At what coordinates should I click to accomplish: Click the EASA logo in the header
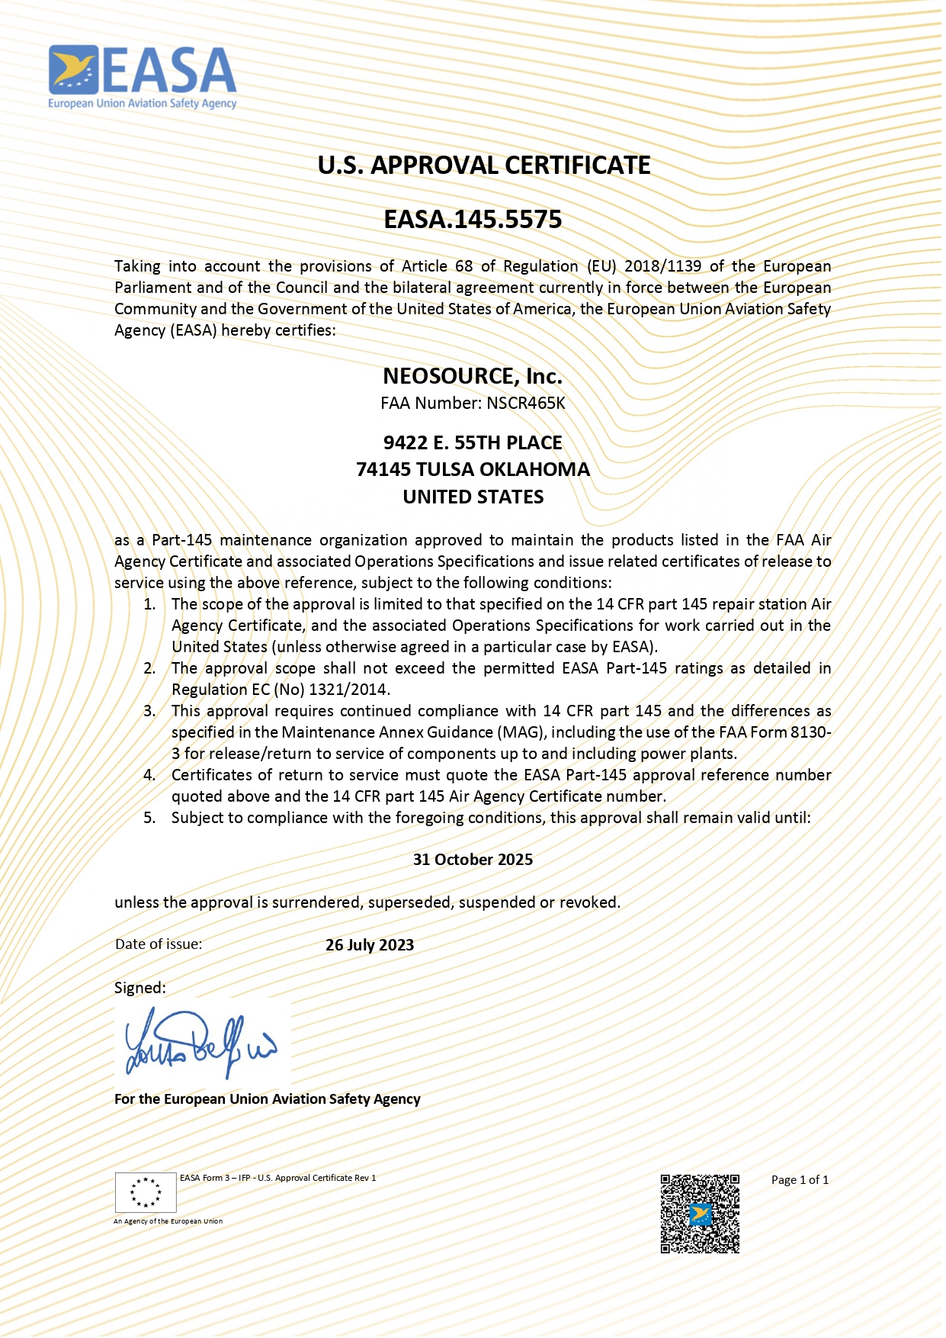pyautogui.click(x=143, y=77)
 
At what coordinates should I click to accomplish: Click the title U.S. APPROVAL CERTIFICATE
pyautogui.click(x=484, y=166)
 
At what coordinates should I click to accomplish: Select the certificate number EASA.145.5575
pyautogui.click(x=473, y=220)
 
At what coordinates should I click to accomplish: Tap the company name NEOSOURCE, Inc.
pyautogui.click(x=473, y=376)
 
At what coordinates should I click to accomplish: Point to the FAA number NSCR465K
pyautogui.click(x=526, y=403)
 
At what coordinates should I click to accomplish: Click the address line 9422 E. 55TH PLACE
pyautogui.click(x=473, y=442)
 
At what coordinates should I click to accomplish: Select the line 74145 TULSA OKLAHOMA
pyautogui.click(x=473, y=469)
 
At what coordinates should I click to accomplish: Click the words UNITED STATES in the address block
pyautogui.click(x=473, y=497)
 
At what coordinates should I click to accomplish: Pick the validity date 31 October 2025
pyautogui.click(x=473, y=859)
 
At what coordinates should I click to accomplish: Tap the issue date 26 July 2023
pyautogui.click(x=370, y=944)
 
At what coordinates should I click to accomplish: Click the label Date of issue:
pyautogui.click(x=159, y=944)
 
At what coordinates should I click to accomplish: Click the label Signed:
pyautogui.click(x=139, y=988)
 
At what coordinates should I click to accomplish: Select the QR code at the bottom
pyautogui.click(x=700, y=1214)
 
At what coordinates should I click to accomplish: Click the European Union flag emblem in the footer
pyautogui.click(x=146, y=1192)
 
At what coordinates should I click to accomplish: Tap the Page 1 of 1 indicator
pyautogui.click(x=800, y=1179)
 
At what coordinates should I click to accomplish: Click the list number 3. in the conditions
pyautogui.click(x=149, y=711)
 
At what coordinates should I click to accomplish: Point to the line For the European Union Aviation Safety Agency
pyautogui.click(x=268, y=1098)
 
